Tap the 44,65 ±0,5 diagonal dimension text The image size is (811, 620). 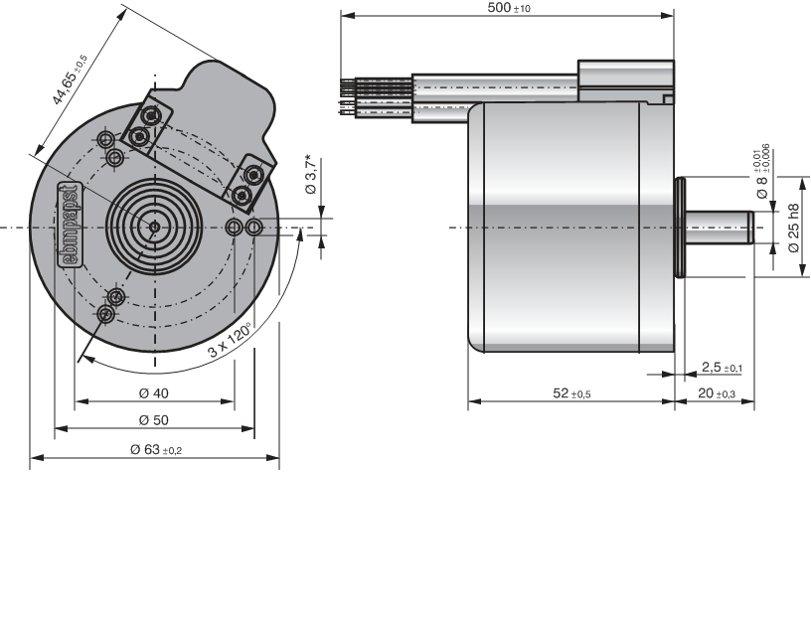pos(71,81)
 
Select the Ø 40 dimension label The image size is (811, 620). pos(154,392)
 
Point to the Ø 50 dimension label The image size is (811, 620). pos(154,420)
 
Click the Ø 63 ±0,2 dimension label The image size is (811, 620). pos(155,450)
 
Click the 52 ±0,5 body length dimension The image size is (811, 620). pos(571,393)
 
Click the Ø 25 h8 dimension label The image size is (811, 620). pos(793,228)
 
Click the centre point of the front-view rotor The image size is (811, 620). pos(154,227)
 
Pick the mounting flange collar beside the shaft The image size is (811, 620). pos(682,228)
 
